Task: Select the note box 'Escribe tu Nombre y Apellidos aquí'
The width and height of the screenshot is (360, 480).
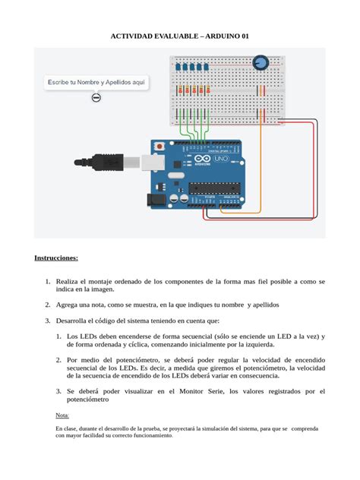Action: click(96, 81)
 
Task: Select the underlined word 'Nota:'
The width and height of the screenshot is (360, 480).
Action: click(62, 415)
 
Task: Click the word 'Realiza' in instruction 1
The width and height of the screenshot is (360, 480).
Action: click(71, 282)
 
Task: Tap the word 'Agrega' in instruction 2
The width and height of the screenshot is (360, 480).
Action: click(71, 304)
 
